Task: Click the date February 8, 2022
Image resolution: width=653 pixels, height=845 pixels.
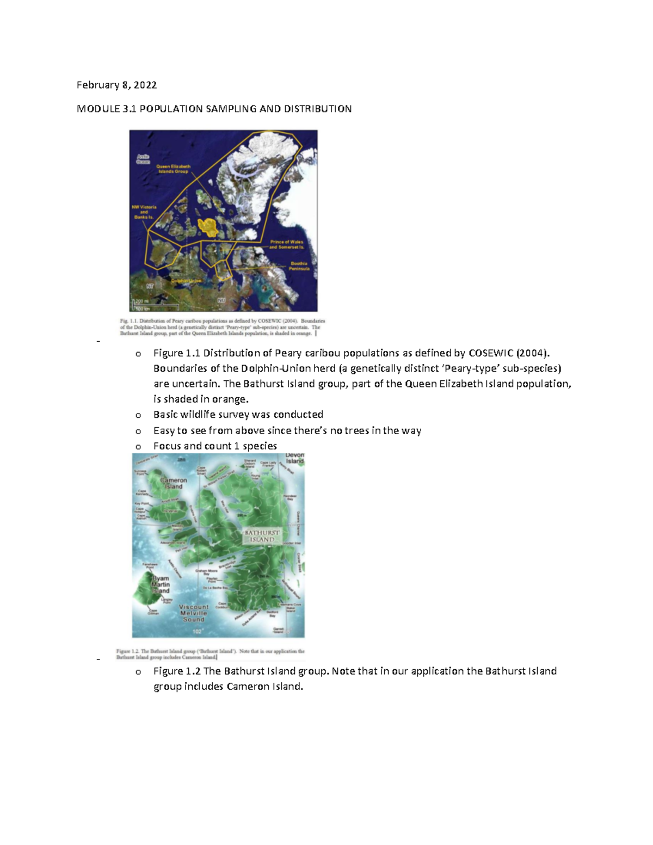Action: pyautogui.click(x=116, y=85)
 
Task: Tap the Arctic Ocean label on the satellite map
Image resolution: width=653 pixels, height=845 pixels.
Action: pyautogui.click(x=143, y=159)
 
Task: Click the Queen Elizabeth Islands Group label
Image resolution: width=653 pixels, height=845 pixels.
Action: pyautogui.click(x=173, y=169)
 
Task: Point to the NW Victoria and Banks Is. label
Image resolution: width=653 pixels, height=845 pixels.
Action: pyautogui.click(x=144, y=212)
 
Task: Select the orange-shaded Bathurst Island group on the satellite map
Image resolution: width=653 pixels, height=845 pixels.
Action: pyautogui.click(x=208, y=227)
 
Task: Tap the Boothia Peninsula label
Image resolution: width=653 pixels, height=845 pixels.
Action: pyautogui.click(x=299, y=266)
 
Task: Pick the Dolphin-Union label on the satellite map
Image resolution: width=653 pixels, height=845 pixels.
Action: pyautogui.click(x=186, y=281)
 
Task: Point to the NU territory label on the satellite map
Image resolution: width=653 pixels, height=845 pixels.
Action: pyautogui.click(x=221, y=300)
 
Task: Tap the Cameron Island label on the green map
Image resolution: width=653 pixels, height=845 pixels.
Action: pyautogui.click(x=174, y=483)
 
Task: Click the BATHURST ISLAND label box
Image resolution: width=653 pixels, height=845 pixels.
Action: pyautogui.click(x=262, y=536)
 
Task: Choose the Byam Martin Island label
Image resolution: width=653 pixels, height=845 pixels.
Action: pyautogui.click(x=161, y=584)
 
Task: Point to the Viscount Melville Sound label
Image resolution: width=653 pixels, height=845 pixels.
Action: pyautogui.click(x=194, y=613)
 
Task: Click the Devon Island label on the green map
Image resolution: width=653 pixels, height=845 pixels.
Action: pyautogui.click(x=294, y=458)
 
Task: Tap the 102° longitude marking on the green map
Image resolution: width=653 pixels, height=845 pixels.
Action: pyautogui.click(x=197, y=631)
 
